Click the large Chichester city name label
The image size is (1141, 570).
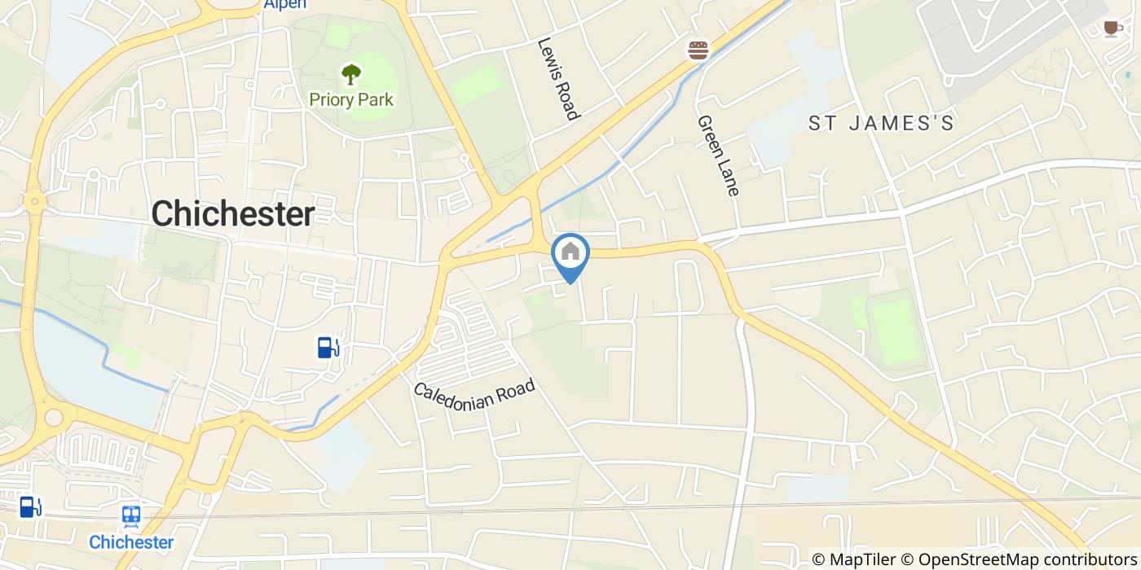pos(233,214)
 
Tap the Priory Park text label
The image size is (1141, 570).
pos(351,100)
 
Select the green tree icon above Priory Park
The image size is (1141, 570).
pos(351,76)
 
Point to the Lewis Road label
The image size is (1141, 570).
pos(558,79)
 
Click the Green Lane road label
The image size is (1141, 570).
pos(718,156)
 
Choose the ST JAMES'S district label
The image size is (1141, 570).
pos(881,124)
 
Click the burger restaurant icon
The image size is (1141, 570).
pos(698,50)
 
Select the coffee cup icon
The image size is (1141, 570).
pos(1112,28)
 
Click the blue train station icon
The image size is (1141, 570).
pos(131,515)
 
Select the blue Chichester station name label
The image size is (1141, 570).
pos(131,542)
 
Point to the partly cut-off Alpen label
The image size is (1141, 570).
pos(285,5)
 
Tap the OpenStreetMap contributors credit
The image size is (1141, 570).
pos(1028,559)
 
